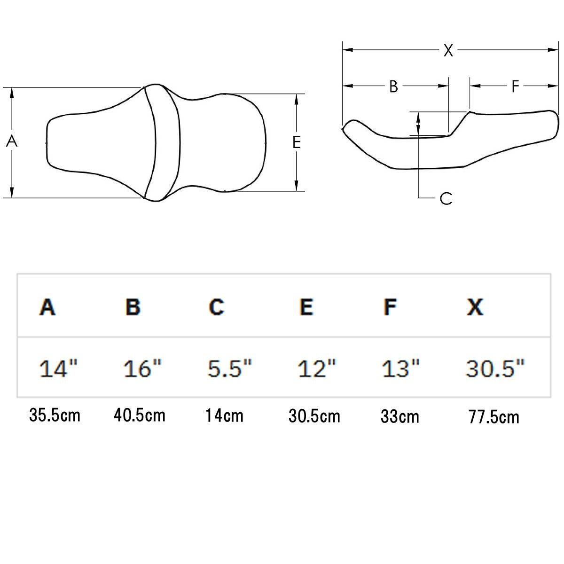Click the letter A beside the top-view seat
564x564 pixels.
tap(12, 141)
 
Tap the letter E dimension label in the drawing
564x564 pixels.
tap(297, 142)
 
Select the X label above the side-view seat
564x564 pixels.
tap(448, 50)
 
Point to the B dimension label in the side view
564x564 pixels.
tap(394, 86)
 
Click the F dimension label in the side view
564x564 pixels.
tap(515, 86)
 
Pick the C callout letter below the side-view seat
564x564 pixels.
tap(446, 198)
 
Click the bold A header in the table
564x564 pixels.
tap(47, 307)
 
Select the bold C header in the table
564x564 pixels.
tap(217, 307)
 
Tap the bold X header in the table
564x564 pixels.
tap(475, 307)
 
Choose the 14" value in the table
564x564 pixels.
tap(58, 368)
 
